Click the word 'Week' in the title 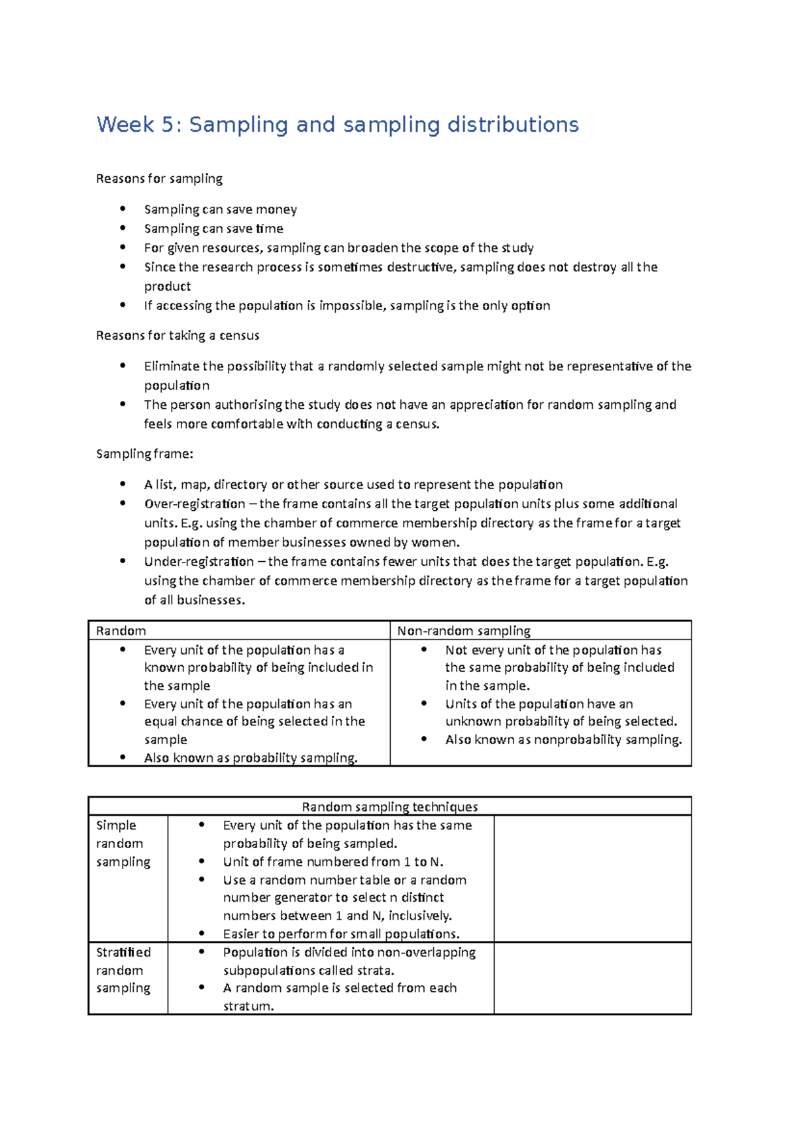(x=125, y=125)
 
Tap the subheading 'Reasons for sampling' (x=159, y=179)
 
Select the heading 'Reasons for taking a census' (x=178, y=336)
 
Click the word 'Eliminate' (x=172, y=366)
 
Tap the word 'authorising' (x=248, y=405)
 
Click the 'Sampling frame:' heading (x=144, y=454)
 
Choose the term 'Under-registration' (x=199, y=562)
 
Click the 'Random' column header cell (x=121, y=631)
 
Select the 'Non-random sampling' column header (x=464, y=631)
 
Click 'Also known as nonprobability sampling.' (x=563, y=740)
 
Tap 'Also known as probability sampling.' (x=250, y=758)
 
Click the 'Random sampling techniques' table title (x=390, y=807)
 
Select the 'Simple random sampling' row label (x=123, y=843)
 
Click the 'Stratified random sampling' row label (x=123, y=970)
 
